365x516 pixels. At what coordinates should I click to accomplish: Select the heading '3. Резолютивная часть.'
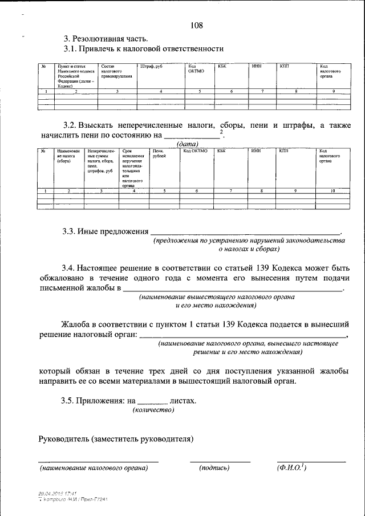[x=106, y=39]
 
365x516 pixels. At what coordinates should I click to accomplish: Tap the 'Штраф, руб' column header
[x=151, y=67]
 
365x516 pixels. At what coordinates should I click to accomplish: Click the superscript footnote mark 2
[x=222, y=132]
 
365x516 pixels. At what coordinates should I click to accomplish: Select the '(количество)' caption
[x=153, y=410]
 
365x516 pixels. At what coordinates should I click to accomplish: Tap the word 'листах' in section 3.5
[x=182, y=401]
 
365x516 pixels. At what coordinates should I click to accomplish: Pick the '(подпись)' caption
[x=214, y=468]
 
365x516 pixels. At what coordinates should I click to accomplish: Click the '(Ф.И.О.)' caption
[x=291, y=468]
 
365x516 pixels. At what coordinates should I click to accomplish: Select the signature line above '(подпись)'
[x=220, y=461]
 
